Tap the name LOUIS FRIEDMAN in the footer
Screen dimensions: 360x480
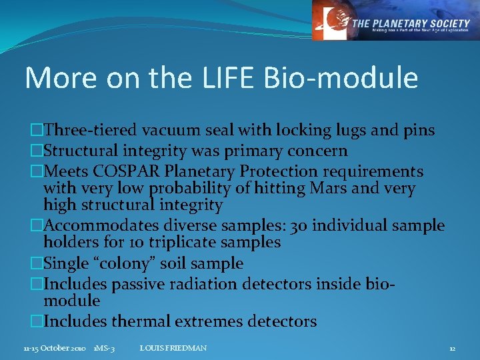[x=174, y=348]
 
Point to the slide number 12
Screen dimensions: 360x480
[x=452, y=348]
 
